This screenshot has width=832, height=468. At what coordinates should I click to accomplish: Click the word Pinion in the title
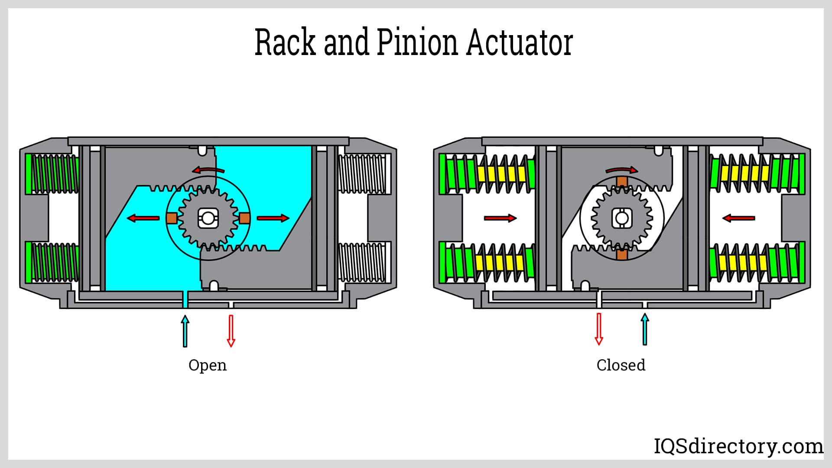417,42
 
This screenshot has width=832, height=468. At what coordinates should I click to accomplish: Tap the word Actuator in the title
520,42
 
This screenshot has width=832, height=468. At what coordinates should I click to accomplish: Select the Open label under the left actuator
208,365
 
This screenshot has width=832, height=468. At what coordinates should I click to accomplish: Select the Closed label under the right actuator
621,365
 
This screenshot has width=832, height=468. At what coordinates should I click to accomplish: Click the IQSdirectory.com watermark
738,446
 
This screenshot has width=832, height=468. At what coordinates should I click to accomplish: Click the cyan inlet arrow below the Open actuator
185,331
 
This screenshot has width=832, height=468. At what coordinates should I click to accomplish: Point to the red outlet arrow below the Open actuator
231,331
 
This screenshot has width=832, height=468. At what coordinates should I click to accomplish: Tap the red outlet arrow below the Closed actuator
599,329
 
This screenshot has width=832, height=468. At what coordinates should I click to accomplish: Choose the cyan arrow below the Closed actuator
645,329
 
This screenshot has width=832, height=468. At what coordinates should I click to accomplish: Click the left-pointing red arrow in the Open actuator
143,218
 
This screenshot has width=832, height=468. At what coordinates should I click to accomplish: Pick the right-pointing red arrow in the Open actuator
273,218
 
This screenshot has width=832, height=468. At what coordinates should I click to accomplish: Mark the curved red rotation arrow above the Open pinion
208,169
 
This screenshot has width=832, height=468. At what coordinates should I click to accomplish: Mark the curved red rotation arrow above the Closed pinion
622,169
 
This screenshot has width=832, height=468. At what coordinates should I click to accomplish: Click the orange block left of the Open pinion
172,218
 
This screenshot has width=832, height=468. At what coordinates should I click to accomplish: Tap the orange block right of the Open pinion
244,218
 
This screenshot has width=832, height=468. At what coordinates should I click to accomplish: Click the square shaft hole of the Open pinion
208,218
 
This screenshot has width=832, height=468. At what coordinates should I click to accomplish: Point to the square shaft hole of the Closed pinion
622,218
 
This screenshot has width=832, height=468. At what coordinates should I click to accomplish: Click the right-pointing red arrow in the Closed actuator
500,218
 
